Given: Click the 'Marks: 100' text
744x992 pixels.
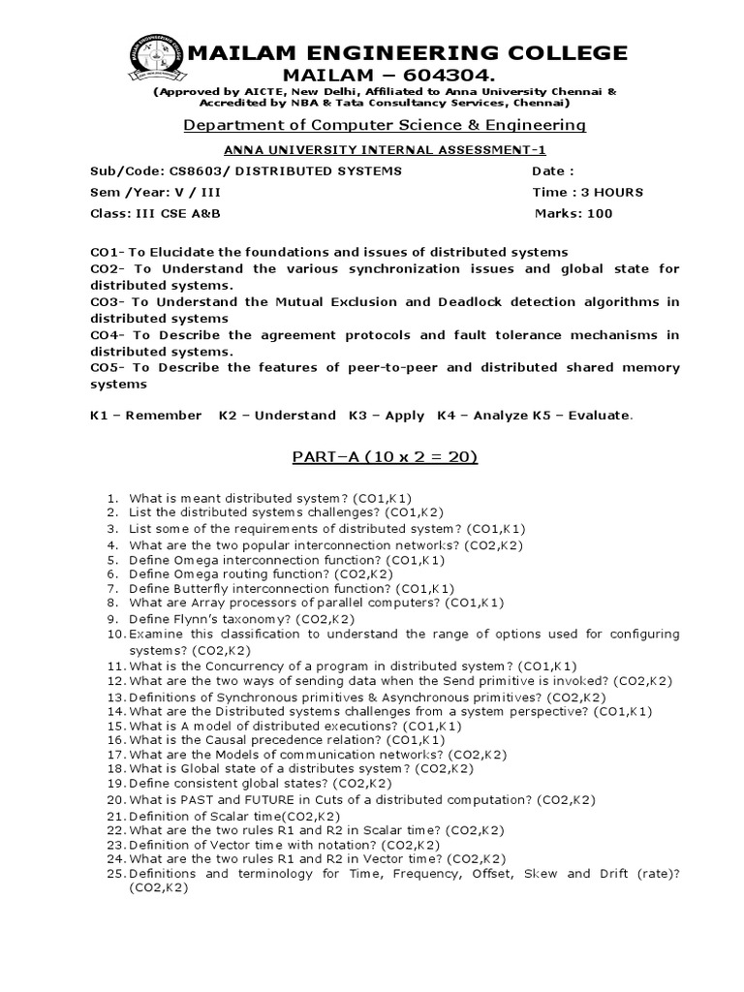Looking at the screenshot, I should (x=574, y=213).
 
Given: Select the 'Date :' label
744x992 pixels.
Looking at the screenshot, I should (x=553, y=171).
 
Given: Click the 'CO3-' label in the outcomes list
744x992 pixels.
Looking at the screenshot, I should (x=107, y=302).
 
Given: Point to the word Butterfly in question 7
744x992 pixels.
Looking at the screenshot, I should (x=201, y=588).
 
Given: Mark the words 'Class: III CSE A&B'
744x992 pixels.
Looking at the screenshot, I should (x=148, y=213).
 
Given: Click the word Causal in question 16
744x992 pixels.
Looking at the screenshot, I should (x=209, y=739).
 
